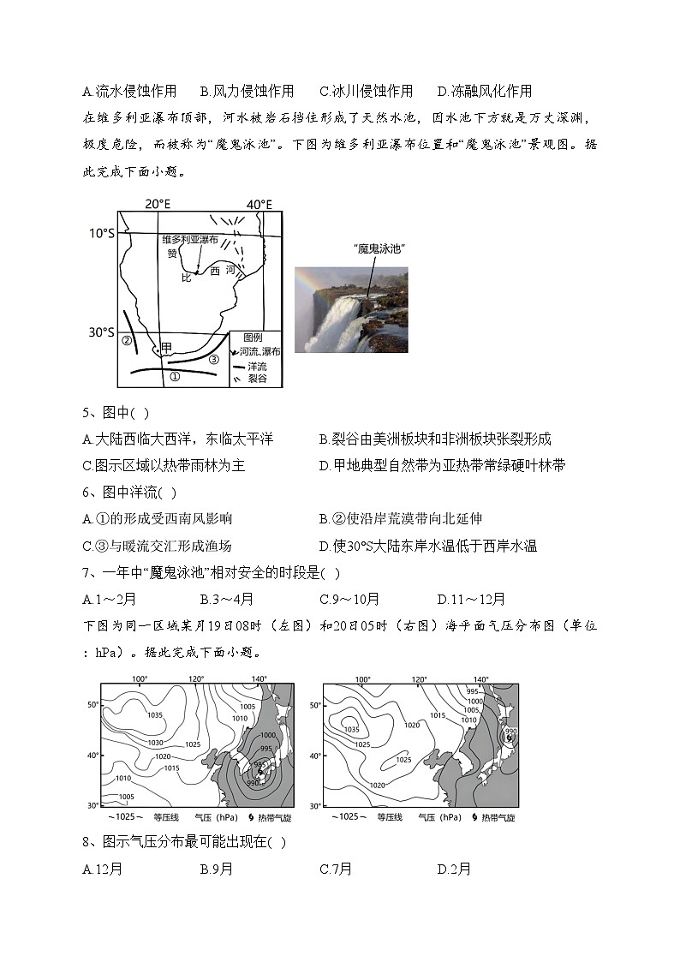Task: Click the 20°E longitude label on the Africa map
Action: click(x=157, y=204)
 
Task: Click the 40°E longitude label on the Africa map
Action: click(x=259, y=204)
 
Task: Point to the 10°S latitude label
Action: click(x=101, y=233)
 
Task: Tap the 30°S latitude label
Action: click(x=101, y=332)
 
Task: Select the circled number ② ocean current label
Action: click(x=126, y=341)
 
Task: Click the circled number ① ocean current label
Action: click(x=174, y=376)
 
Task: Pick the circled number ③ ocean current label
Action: click(x=214, y=358)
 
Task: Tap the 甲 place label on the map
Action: click(x=166, y=347)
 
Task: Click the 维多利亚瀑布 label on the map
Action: click(x=190, y=241)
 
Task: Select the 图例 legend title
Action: click(x=253, y=338)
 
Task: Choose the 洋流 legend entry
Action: click(x=258, y=365)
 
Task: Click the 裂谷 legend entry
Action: click(x=258, y=378)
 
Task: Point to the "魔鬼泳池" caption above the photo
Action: click(x=378, y=248)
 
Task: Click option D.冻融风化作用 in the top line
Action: click(x=484, y=91)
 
